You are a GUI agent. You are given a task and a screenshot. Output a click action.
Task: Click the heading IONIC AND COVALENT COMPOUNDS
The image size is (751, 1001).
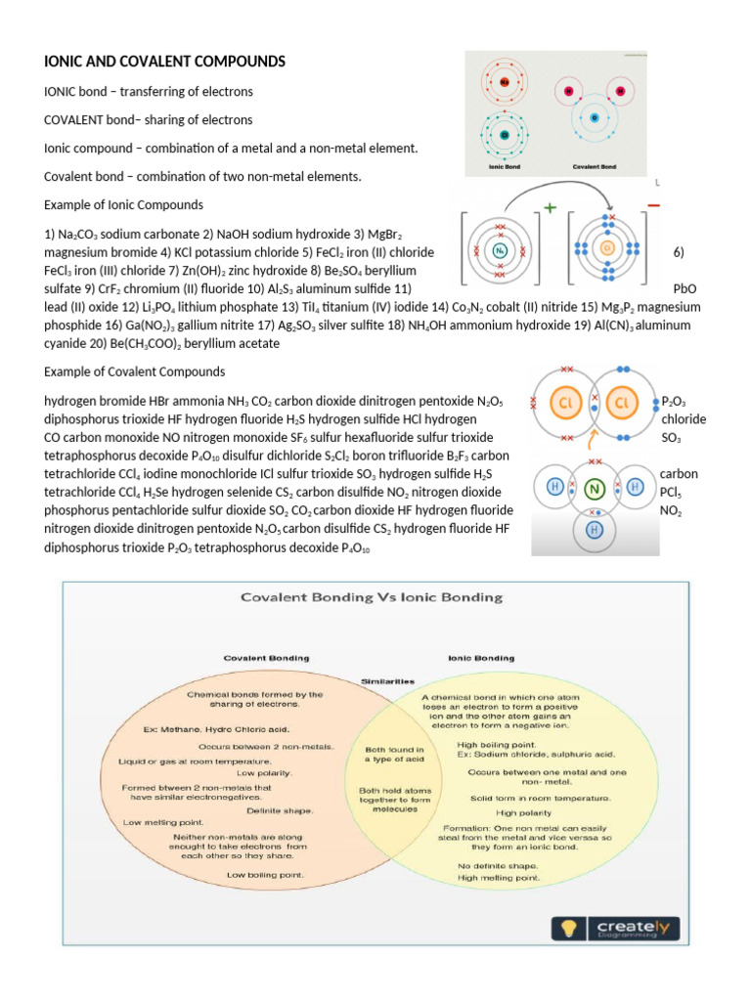(x=165, y=62)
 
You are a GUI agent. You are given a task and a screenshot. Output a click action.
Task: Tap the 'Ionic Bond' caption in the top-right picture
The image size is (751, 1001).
(x=504, y=167)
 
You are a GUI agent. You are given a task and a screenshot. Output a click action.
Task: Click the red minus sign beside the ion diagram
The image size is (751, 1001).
(x=653, y=205)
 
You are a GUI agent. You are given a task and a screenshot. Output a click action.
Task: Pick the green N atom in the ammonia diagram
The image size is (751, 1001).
(x=593, y=487)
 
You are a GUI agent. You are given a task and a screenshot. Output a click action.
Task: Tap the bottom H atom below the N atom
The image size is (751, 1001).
(x=593, y=529)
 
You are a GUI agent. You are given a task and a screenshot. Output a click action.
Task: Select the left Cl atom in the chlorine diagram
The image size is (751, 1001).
(x=564, y=403)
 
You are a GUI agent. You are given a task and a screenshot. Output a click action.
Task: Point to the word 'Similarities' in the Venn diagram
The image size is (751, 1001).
(x=388, y=680)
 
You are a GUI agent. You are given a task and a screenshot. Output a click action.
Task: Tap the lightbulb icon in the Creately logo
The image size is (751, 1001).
(x=567, y=928)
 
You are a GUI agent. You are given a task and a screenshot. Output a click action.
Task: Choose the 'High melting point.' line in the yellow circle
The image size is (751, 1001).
(x=499, y=879)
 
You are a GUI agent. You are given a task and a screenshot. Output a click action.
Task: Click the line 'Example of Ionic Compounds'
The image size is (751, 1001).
(x=123, y=205)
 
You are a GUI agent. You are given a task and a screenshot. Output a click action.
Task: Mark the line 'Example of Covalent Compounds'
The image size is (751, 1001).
(x=135, y=372)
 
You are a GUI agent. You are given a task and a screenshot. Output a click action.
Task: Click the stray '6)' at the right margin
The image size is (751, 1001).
(x=679, y=252)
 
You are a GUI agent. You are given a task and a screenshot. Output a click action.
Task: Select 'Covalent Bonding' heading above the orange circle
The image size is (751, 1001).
(x=268, y=658)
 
